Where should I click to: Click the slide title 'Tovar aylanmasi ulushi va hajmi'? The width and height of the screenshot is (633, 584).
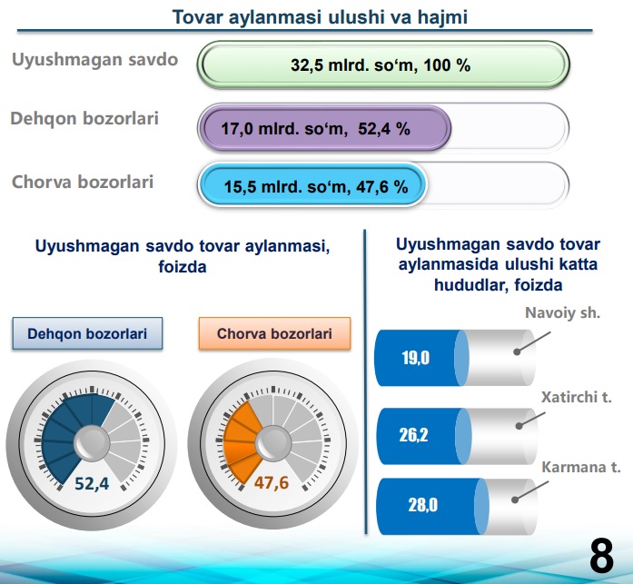pos(320,17)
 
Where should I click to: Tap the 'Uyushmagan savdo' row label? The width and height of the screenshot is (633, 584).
pos(94,59)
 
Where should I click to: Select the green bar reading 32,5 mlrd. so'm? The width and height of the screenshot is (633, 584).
pos(383,64)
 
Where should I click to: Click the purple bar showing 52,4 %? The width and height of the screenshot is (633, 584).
pos(325,128)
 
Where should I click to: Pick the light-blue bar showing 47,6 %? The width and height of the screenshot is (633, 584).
pos(312,186)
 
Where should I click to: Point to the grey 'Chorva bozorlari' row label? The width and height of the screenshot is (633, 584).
pos(83,182)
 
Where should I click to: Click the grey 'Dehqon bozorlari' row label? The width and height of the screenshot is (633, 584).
pos(84,119)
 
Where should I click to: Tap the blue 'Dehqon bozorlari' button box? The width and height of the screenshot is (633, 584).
pos(87,333)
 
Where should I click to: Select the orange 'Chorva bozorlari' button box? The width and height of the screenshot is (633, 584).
pos(274,333)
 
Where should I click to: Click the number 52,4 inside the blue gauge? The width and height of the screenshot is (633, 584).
pos(92,483)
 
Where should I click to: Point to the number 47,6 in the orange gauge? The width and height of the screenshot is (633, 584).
pos(272,482)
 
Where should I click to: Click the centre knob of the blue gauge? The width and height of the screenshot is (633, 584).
pos(92,443)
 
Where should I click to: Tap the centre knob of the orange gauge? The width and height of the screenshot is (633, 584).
pos(273,443)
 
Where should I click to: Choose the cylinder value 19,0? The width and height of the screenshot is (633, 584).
pos(415,358)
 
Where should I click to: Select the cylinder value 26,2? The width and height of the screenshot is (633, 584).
pos(413,435)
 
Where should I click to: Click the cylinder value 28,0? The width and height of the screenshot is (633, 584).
pos(422,505)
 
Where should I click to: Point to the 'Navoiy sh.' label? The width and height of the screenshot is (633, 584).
pos(562,312)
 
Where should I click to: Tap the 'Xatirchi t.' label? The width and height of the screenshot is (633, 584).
pos(576,397)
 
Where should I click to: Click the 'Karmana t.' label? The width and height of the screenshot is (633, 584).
pos(580,467)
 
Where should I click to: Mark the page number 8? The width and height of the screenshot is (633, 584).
pos(601,556)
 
